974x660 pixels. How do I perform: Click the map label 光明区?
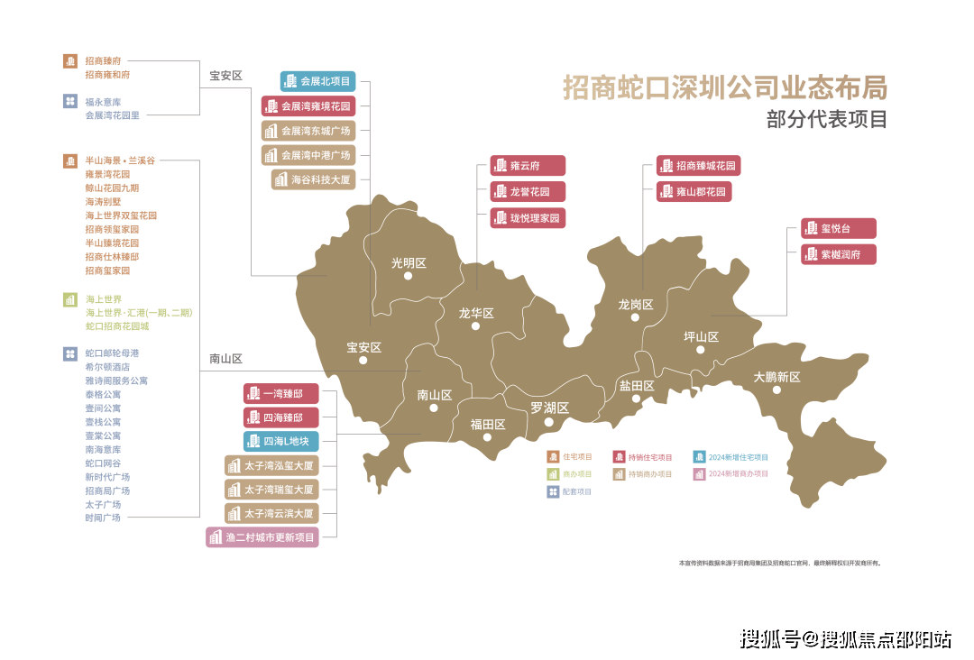pyautogui.click(x=408, y=263)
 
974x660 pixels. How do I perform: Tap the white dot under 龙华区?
pyautogui.click(x=475, y=326)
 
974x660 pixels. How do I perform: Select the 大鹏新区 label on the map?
pyautogui.click(x=776, y=377)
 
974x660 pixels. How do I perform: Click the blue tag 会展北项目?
pyautogui.click(x=317, y=81)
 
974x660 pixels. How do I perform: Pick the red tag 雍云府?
pyautogui.click(x=528, y=166)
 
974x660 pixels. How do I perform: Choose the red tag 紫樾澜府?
pyautogui.click(x=838, y=254)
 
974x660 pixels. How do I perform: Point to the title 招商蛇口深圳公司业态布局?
pyautogui.click(x=725, y=87)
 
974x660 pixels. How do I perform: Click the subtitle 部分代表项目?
pyautogui.click(x=826, y=119)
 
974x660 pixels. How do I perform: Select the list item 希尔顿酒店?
pyautogui.click(x=107, y=367)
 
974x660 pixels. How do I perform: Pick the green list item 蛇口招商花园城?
pyautogui.click(x=116, y=325)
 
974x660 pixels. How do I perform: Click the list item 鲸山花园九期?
pyautogui.click(x=112, y=188)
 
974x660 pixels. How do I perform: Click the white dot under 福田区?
pyautogui.click(x=488, y=441)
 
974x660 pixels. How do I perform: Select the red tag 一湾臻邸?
pyautogui.click(x=280, y=394)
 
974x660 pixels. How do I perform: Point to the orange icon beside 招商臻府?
pyautogui.click(x=69, y=61)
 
